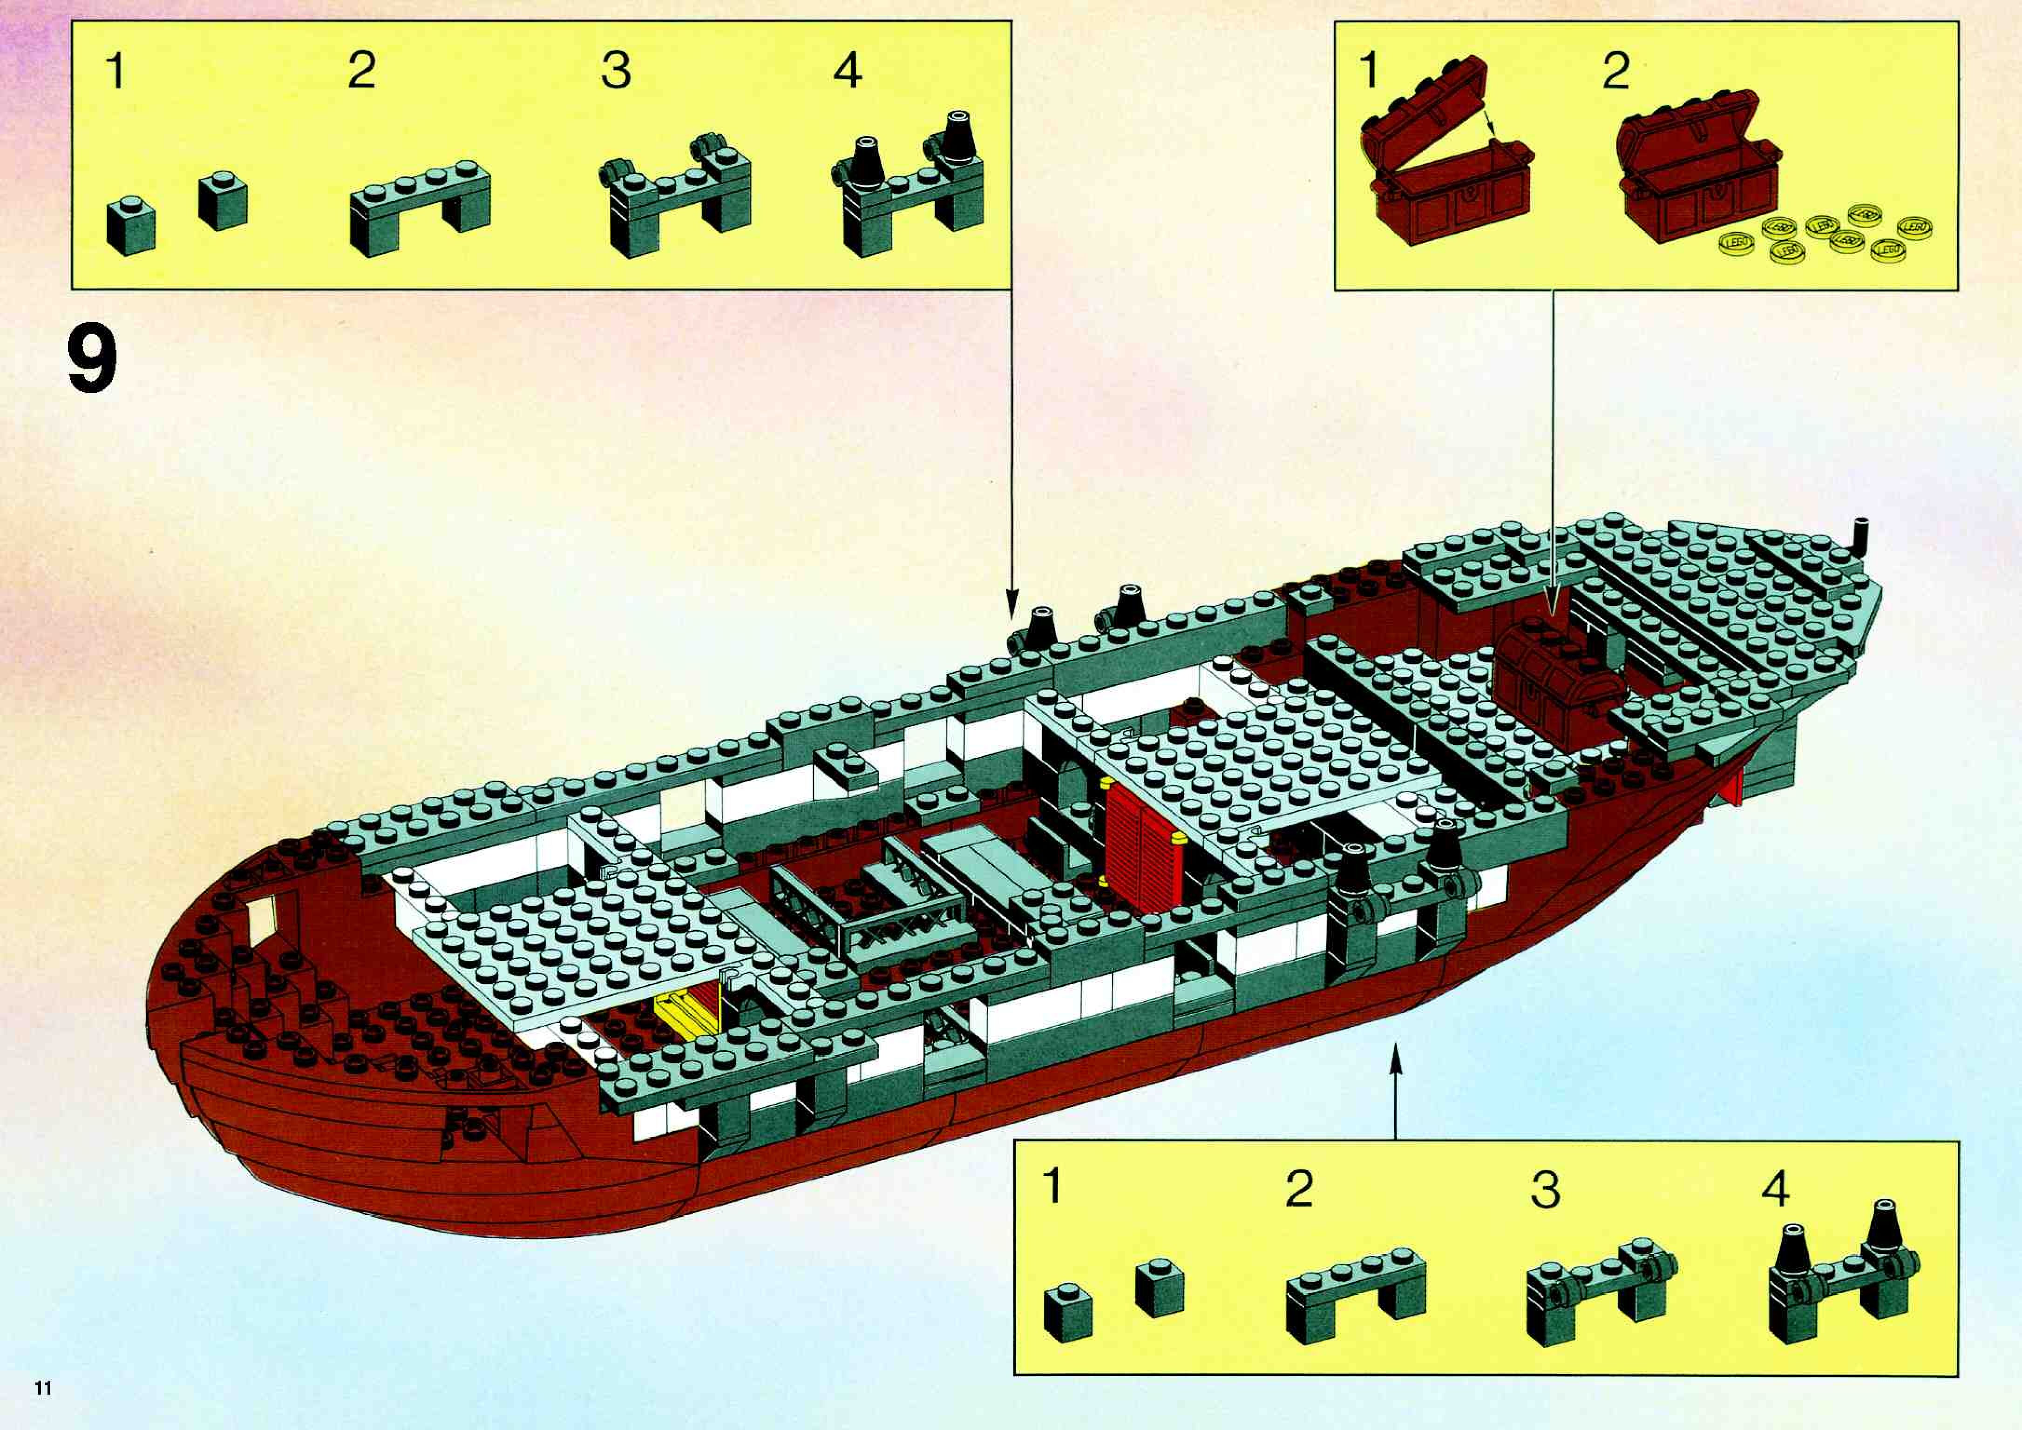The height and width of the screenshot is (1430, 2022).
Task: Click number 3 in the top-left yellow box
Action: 616,70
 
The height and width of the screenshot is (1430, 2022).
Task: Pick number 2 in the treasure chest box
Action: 1615,70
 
